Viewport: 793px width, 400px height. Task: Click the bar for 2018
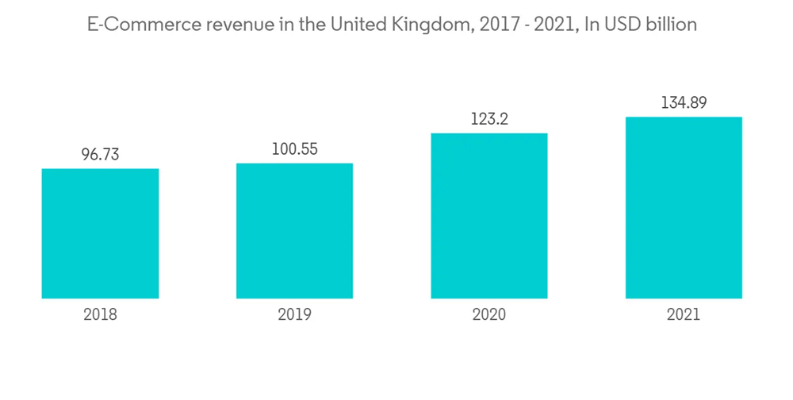(100, 233)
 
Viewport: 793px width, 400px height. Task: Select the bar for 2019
(294, 231)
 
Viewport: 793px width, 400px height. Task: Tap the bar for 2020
(488, 216)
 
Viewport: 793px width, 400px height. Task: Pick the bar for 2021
(684, 208)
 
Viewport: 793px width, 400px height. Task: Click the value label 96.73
(100, 155)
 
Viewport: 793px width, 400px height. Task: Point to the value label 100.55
(294, 149)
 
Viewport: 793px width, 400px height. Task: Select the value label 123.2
(488, 119)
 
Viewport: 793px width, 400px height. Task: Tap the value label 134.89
(684, 102)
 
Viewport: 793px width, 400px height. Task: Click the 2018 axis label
(100, 315)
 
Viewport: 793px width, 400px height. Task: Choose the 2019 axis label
(294, 315)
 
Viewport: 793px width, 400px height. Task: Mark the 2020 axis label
(488, 315)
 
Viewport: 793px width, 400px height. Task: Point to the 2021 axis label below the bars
(684, 315)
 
